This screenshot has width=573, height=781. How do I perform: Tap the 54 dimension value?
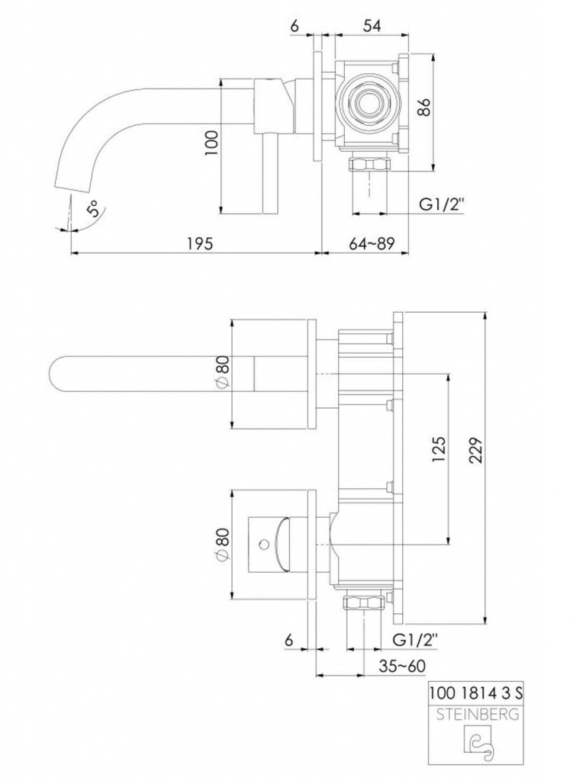[x=371, y=24]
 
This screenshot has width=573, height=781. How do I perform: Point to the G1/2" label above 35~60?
[x=417, y=639]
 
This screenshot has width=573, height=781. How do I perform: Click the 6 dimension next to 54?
[x=295, y=24]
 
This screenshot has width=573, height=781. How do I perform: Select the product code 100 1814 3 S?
[x=476, y=693]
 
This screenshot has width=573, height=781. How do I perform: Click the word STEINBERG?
[x=476, y=715]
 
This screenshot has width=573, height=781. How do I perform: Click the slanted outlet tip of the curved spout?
[x=72, y=185]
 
